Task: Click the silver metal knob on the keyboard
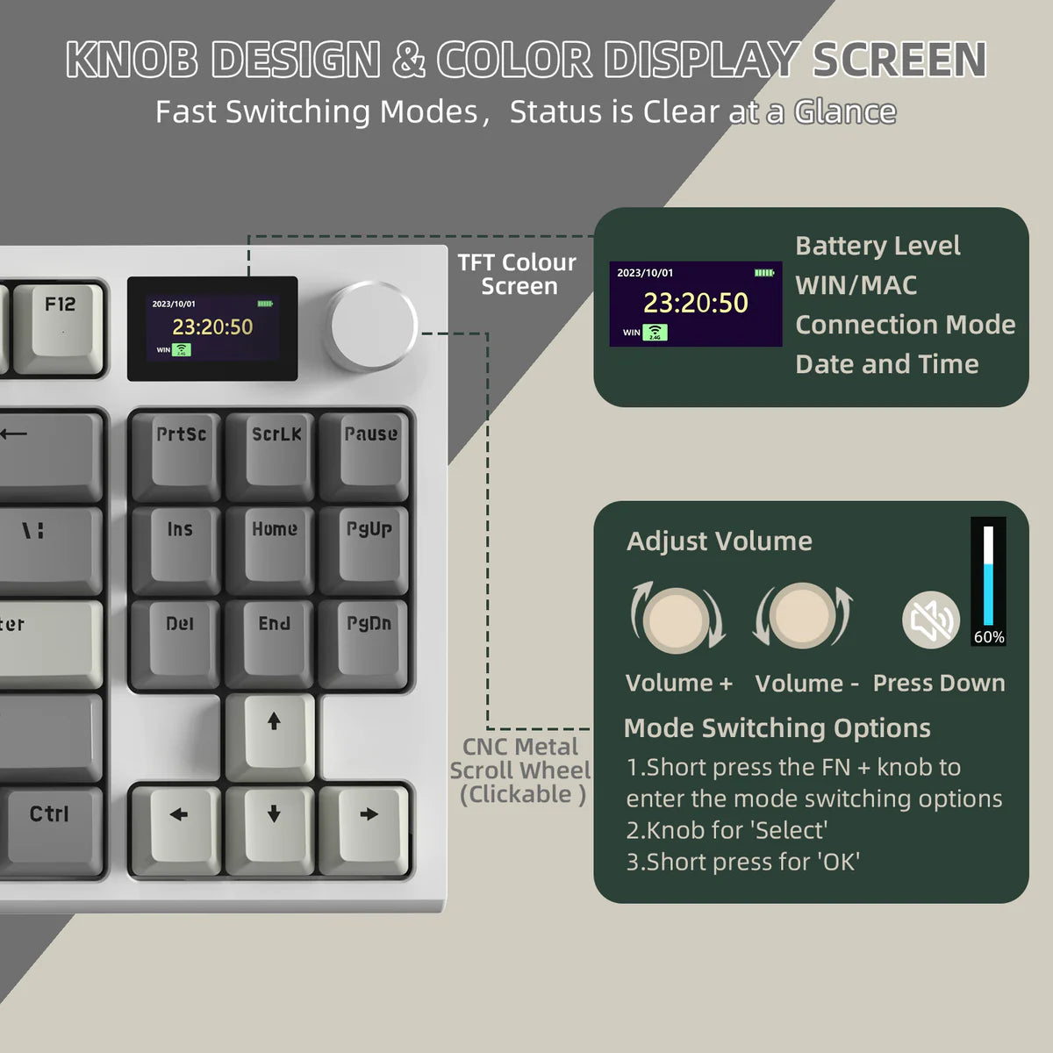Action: (x=372, y=326)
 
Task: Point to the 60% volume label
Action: (x=989, y=637)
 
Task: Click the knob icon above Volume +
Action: (x=677, y=618)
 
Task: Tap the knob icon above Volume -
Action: (x=802, y=616)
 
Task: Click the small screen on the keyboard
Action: (x=212, y=328)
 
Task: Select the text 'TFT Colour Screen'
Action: (x=518, y=274)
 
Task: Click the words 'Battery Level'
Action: (x=877, y=246)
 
